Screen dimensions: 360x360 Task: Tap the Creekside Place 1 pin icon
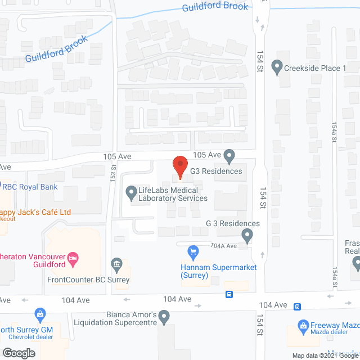277,67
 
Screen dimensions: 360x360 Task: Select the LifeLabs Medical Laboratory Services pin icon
130,193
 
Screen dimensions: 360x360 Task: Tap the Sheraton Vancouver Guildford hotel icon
73,259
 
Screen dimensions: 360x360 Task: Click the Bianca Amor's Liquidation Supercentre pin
164,318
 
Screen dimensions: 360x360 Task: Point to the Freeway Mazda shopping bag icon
303,326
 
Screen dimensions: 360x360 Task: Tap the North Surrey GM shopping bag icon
39,313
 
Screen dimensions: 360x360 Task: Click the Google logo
18,353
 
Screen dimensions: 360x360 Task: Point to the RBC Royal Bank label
31,187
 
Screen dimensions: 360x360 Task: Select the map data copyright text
325,355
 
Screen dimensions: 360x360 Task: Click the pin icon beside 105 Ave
229,155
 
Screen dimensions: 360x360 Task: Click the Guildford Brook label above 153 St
56,49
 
